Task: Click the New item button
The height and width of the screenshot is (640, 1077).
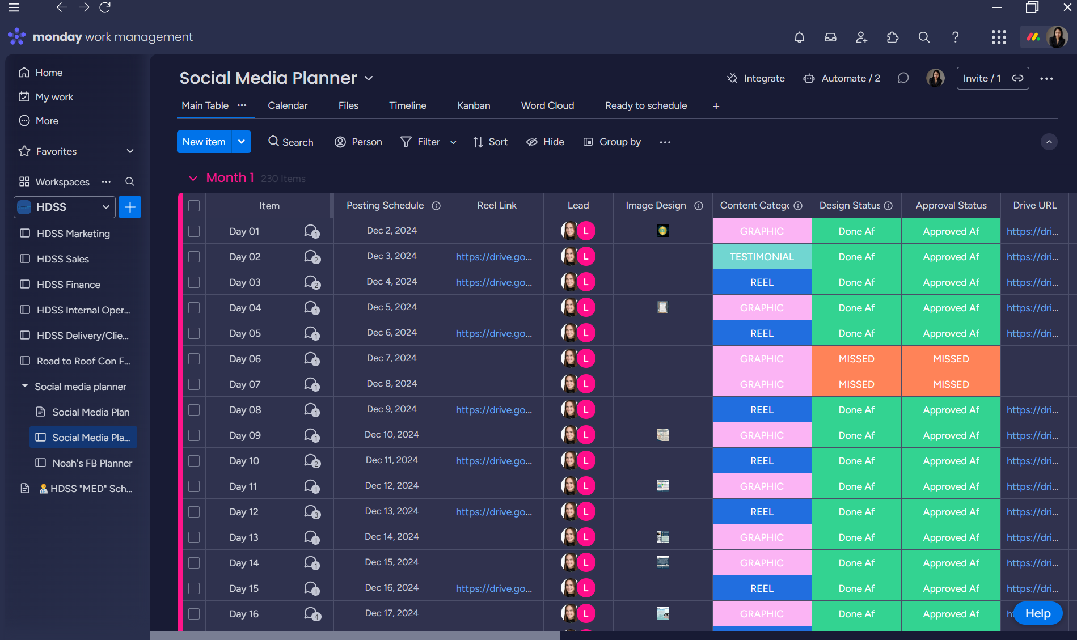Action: [204, 142]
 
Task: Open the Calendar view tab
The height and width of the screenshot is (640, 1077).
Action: [288, 105]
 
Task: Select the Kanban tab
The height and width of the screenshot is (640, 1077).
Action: [474, 105]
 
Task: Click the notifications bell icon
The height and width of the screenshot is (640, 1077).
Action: [799, 37]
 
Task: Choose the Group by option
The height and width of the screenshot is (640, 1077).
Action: [613, 142]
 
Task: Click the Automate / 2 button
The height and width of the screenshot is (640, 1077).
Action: [842, 78]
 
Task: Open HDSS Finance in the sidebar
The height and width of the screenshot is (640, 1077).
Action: [68, 285]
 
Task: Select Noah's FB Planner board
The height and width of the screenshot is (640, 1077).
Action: [92, 463]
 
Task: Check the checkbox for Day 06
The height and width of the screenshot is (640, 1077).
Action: [194, 359]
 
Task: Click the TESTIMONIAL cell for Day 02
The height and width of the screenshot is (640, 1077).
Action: [762, 257]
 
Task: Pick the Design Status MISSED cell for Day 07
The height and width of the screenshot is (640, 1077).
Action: [856, 384]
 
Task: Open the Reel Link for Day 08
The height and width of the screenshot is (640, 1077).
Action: [493, 410]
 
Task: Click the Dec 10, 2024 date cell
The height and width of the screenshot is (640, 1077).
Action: [391, 435]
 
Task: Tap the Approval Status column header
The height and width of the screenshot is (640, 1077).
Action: [951, 205]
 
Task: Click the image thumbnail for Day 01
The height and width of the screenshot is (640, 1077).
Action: [662, 231]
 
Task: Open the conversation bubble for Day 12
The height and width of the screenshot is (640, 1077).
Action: [311, 512]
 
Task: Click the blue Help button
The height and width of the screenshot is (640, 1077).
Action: [1037, 613]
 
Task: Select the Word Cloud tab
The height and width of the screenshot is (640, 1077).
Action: [547, 105]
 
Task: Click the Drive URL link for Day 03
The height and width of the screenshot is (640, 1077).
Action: [1032, 282]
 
